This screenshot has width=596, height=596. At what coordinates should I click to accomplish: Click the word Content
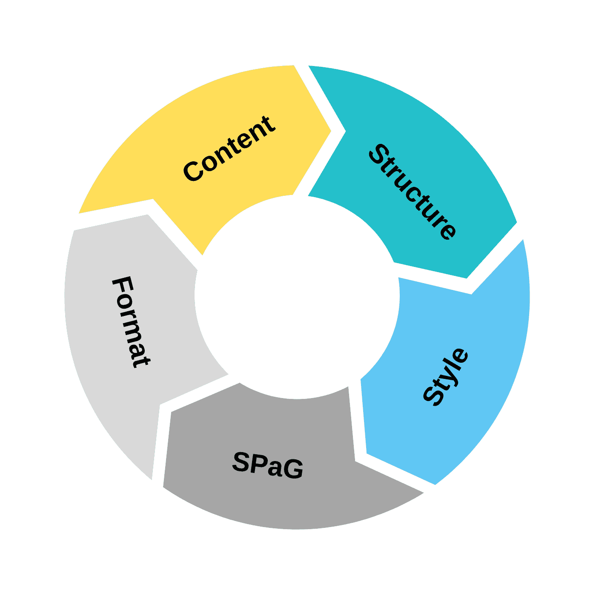coord(229,149)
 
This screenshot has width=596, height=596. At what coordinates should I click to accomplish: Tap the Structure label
coord(412,192)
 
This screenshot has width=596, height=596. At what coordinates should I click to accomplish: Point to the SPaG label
coord(268,465)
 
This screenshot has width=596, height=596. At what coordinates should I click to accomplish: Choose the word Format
coord(131,322)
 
